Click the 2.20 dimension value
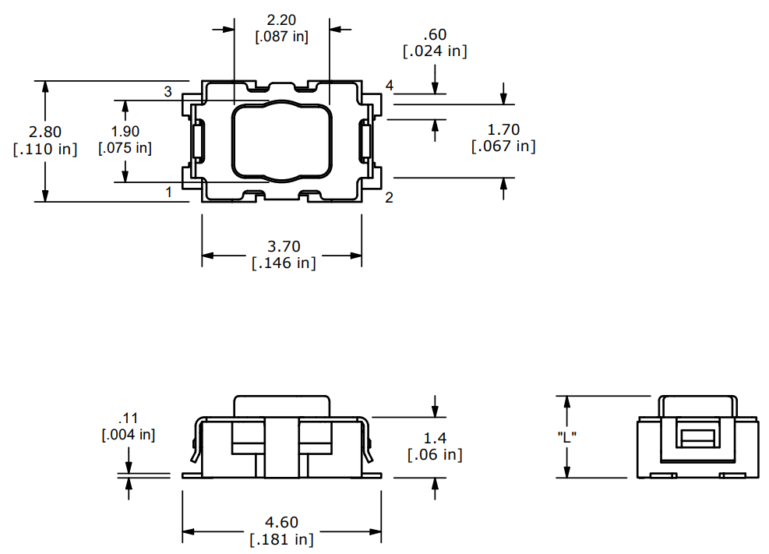coord(281,19)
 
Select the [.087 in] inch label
coord(281,37)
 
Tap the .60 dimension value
coord(435,35)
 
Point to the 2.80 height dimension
coord(45,132)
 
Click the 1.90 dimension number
coord(125,132)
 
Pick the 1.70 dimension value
coord(503,129)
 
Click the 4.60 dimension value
coord(281,522)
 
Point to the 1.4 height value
coord(435,438)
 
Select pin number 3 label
coord(168,92)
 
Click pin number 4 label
coord(389,85)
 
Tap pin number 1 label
coord(168,192)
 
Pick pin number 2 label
coord(389,197)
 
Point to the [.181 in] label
coord(281,539)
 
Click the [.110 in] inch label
coord(45,149)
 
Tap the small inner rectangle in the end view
coord(697,438)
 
